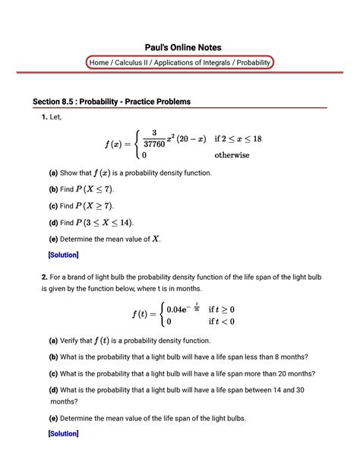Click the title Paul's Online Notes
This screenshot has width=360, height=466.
coord(179,47)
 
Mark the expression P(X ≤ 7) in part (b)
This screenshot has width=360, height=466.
coord(99,189)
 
